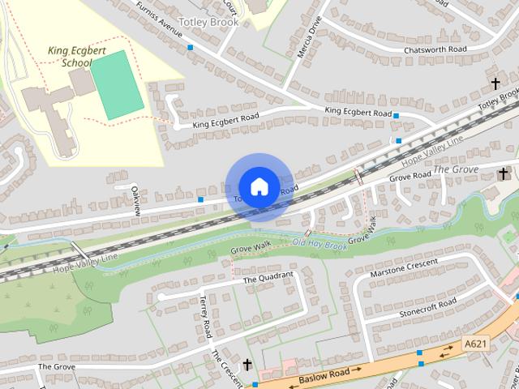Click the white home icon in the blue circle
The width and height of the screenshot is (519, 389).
click(259, 186)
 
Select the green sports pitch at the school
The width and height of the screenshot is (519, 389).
click(117, 84)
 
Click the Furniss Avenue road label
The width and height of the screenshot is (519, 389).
click(159, 18)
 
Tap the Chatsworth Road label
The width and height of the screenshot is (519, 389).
click(436, 50)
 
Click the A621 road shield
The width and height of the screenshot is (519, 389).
click(476, 344)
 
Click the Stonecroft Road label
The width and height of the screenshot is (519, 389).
click(428, 309)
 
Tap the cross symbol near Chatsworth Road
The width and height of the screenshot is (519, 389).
click(495, 83)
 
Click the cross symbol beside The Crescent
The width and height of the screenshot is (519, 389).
click(247, 365)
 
